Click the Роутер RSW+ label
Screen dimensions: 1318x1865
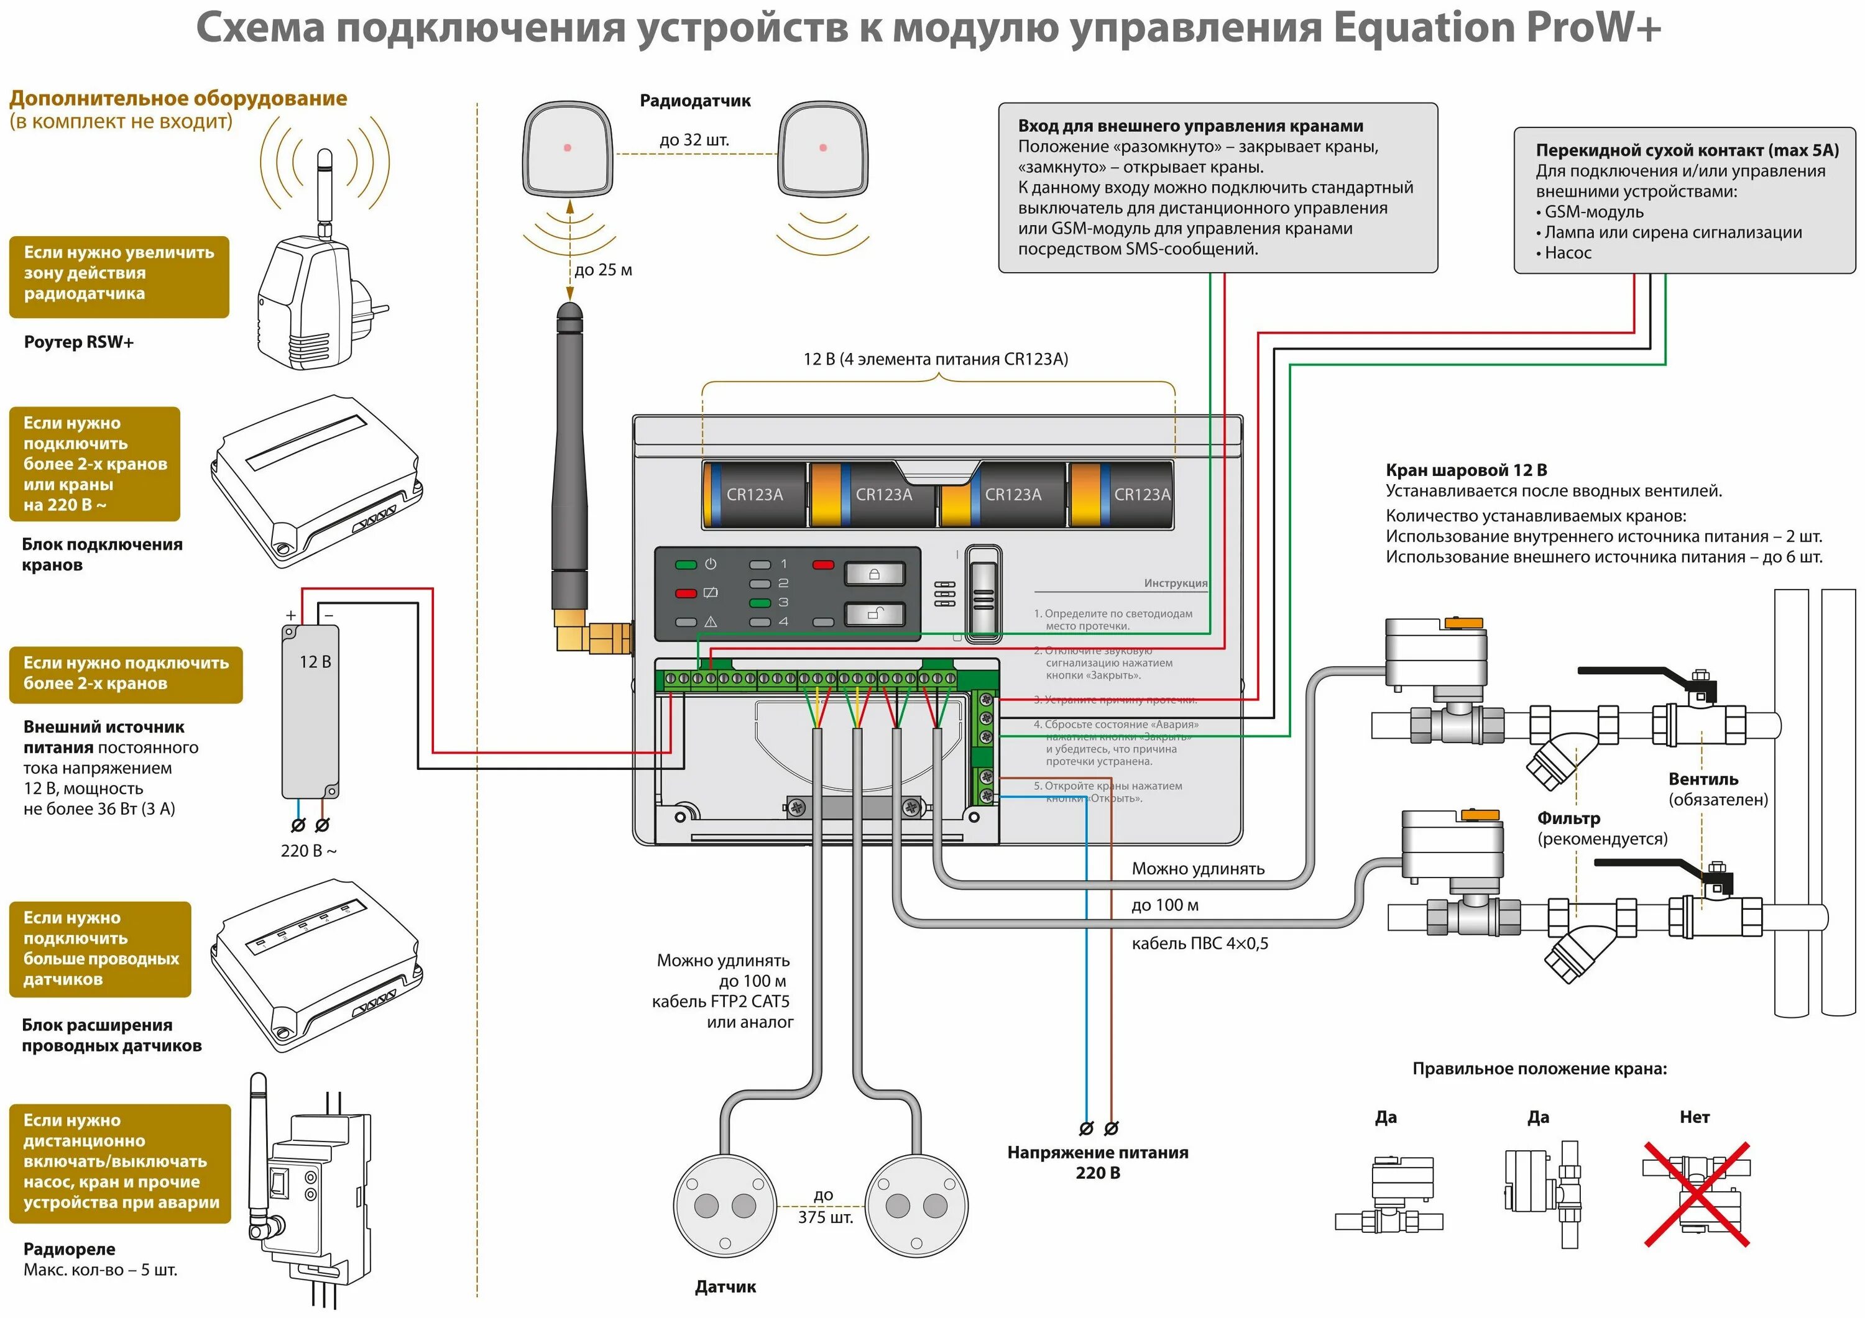[79, 342]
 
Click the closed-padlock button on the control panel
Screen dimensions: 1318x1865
[874, 574]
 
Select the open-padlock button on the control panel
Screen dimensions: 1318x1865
[874, 614]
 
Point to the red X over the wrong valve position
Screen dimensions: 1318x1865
[1696, 1194]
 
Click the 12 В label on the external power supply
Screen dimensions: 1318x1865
[315, 662]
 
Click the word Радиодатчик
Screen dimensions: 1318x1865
[694, 101]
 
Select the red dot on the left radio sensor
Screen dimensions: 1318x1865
[567, 148]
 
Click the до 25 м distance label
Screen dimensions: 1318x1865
[603, 270]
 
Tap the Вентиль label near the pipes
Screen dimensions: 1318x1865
[1703, 779]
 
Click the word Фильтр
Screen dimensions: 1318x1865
[1568, 818]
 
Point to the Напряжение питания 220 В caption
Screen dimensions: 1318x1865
[1097, 1162]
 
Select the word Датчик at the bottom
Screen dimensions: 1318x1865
[725, 1286]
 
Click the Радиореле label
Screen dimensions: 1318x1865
[69, 1249]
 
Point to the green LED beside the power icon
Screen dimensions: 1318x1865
[686, 564]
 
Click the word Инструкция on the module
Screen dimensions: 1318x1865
[1174, 583]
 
